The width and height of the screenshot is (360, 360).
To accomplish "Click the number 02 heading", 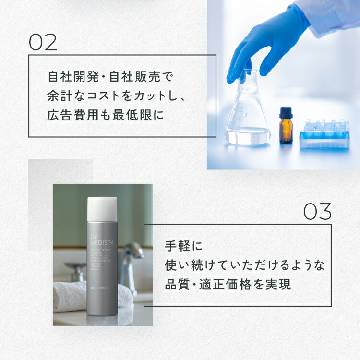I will click(x=43, y=42).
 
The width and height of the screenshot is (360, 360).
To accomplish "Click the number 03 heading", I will click(x=317, y=212).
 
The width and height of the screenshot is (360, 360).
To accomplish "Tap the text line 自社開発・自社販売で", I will click(x=110, y=76).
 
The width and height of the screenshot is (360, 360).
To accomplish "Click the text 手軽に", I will click(x=177, y=246).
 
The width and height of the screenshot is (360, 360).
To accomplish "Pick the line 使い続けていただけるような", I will click(x=244, y=265).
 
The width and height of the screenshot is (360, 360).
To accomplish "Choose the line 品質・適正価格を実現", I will click(x=228, y=284).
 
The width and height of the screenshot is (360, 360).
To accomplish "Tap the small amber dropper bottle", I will click(x=286, y=128).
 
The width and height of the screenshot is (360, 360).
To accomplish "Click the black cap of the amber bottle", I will click(x=286, y=112).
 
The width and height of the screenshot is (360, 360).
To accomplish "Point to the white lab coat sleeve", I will click(x=331, y=14).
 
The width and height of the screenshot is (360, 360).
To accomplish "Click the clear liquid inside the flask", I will click(x=248, y=134).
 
